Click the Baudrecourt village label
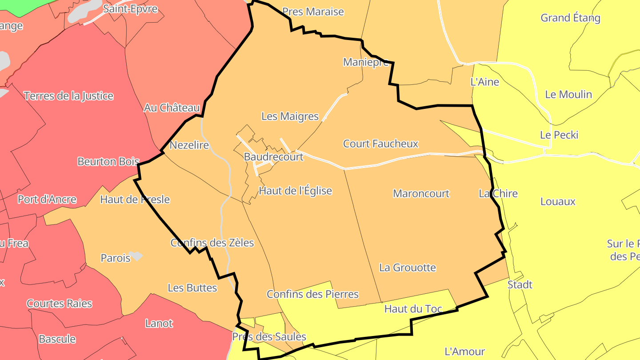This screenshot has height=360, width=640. (x=273, y=157)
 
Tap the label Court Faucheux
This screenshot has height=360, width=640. (x=380, y=144)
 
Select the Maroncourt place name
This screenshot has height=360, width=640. (x=421, y=194)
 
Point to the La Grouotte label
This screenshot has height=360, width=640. (x=407, y=268)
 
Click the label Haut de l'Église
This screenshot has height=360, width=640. (x=295, y=191)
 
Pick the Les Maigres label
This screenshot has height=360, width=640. (x=290, y=116)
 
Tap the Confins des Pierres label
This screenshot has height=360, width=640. (x=312, y=294)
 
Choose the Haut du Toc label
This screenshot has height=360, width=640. (x=413, y=309)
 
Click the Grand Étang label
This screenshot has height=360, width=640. (x=570, y=18)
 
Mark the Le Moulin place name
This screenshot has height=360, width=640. (x=568, y=95)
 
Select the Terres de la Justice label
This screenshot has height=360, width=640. (x=68, y=96)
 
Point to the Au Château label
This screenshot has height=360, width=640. (x=172, y=108)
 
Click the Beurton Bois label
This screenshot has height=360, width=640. (x=108, y=162)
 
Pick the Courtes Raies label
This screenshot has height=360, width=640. (x=59, y=304)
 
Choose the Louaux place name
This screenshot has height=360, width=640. (x=558, y=202)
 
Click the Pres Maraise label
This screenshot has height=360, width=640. (x=313, y=12)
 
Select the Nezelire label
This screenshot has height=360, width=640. (x=189, y=145)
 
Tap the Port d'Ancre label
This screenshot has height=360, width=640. (x=47, y=200)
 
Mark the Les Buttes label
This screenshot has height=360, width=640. (x=192, y=288)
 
